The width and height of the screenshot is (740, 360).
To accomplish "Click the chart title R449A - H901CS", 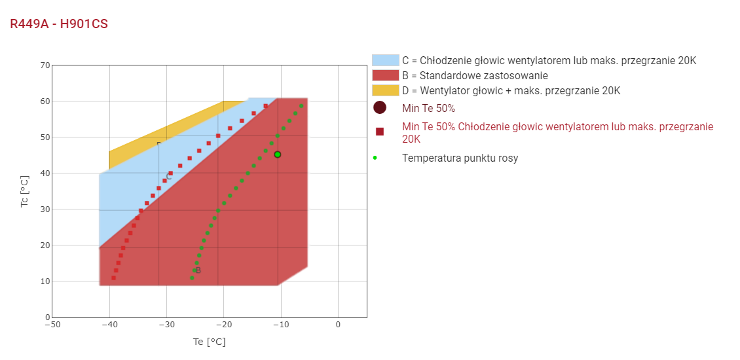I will tap(59, 24).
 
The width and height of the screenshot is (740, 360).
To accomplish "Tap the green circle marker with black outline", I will tap(278, 154).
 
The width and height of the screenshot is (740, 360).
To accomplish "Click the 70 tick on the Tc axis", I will tap(45, 65).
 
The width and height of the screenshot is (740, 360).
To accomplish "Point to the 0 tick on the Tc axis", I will tap(47, 317).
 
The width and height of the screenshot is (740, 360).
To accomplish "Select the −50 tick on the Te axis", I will tap(52, 325).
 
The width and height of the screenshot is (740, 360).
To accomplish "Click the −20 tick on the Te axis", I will tap(223, 325).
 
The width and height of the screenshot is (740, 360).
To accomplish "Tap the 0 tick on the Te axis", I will tap(338, 325).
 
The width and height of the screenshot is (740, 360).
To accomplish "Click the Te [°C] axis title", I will tap(209, 342).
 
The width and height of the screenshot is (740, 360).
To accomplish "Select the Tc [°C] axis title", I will tap(25, 191).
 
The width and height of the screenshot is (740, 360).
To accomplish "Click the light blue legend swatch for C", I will tap(385, 60).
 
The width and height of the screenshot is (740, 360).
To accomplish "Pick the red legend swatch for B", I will tap(385, 75).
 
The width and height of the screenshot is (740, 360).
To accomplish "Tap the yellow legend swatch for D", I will tap(385, 90).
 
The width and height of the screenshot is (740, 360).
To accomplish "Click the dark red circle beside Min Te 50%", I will tap(380, 108).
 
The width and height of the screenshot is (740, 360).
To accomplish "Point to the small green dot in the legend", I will tap(375, 158).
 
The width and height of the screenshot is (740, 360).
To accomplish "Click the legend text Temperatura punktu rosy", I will tap(460, 158).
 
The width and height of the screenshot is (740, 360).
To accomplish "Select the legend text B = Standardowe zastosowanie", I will tap(475, 75).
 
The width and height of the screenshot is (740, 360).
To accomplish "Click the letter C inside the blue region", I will tap(169, 176).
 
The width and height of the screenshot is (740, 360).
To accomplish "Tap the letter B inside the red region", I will tap(198, 270).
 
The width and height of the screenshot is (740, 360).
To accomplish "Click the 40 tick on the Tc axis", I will tap(45, 173).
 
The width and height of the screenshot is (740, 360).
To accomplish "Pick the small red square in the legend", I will tap(380, 132).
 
